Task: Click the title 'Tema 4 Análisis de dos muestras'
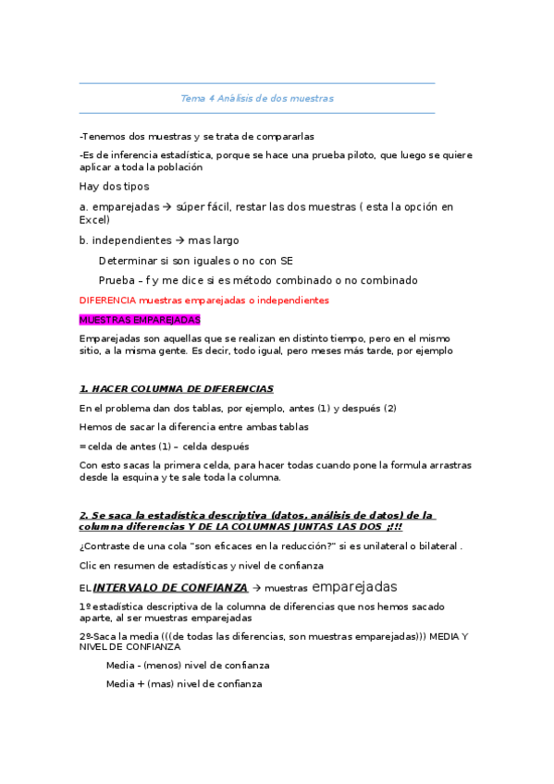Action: click(257, 98)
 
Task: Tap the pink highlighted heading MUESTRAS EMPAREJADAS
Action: click(140, 319)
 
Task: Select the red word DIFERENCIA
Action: click(107, 300)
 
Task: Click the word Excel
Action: click(94, 221)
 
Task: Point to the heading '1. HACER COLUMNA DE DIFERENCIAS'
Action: click(177, 388)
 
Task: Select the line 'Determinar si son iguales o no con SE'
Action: click(196, 261)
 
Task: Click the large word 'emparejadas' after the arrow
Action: click(355, 586)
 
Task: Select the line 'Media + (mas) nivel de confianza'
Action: click(184, 684)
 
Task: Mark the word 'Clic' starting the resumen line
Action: click(89, 565)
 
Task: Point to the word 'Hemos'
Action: click(96, 426)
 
